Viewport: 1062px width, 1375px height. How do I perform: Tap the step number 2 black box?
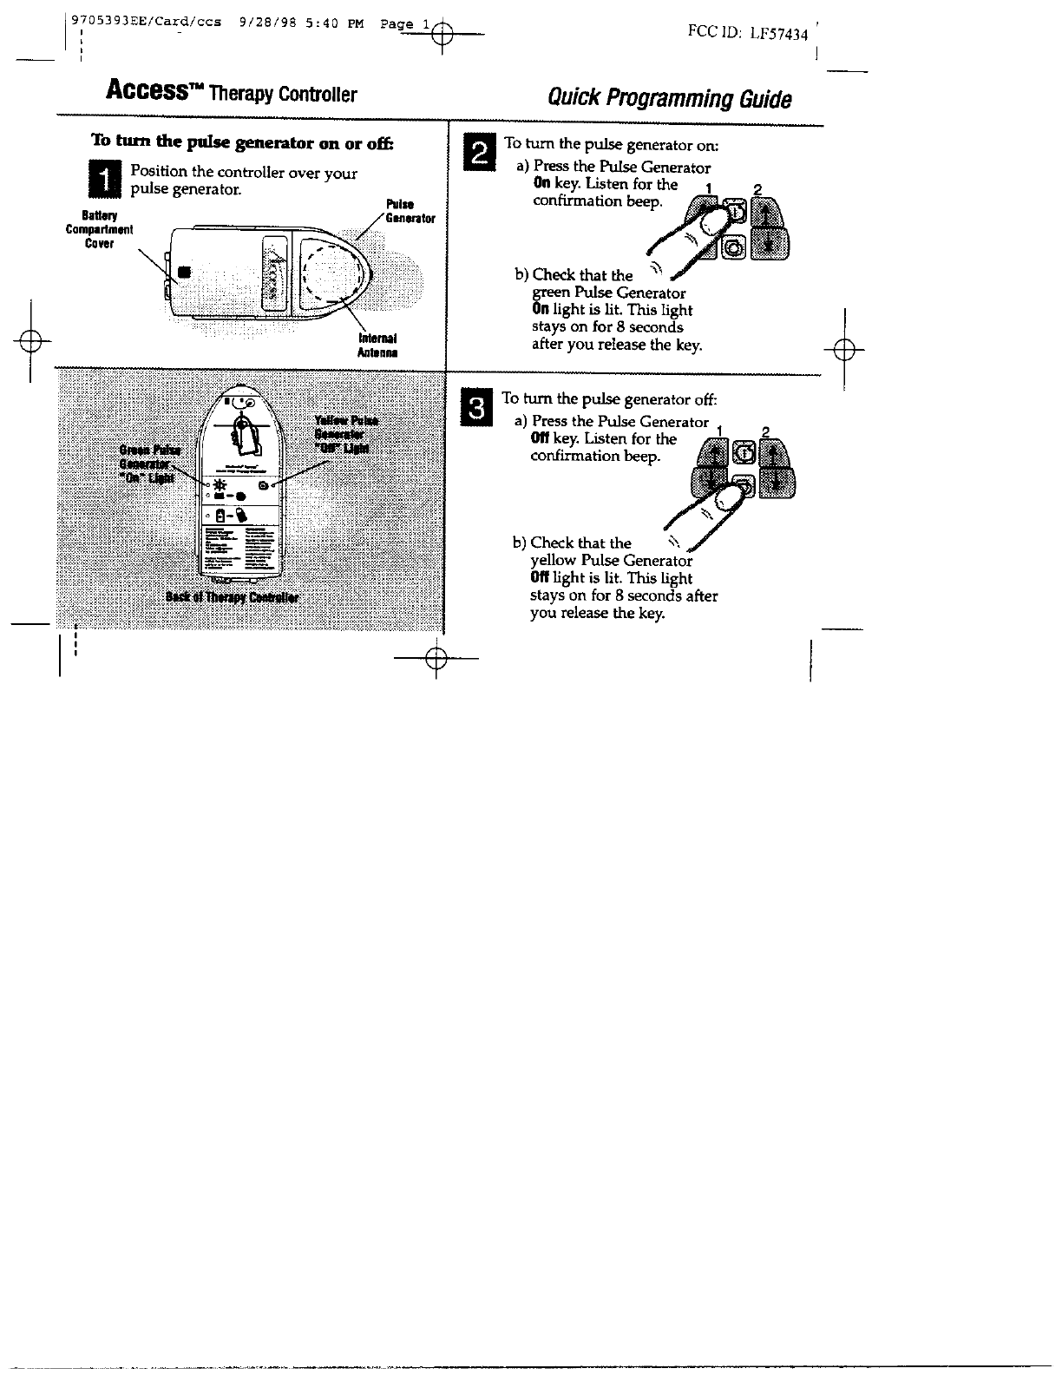point(477,154)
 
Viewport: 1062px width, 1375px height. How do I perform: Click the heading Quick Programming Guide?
point(669,97)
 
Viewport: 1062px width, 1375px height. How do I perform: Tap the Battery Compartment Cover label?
point(100,229)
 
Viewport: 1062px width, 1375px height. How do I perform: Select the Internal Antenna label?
point(377,345)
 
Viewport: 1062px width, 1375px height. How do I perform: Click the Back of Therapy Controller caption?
point(232,598)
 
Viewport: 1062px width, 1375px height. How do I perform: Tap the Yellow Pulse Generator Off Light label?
point(345,434)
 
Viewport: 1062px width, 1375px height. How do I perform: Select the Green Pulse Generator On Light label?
point(150,464)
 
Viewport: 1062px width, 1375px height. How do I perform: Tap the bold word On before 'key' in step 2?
point(541,184)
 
